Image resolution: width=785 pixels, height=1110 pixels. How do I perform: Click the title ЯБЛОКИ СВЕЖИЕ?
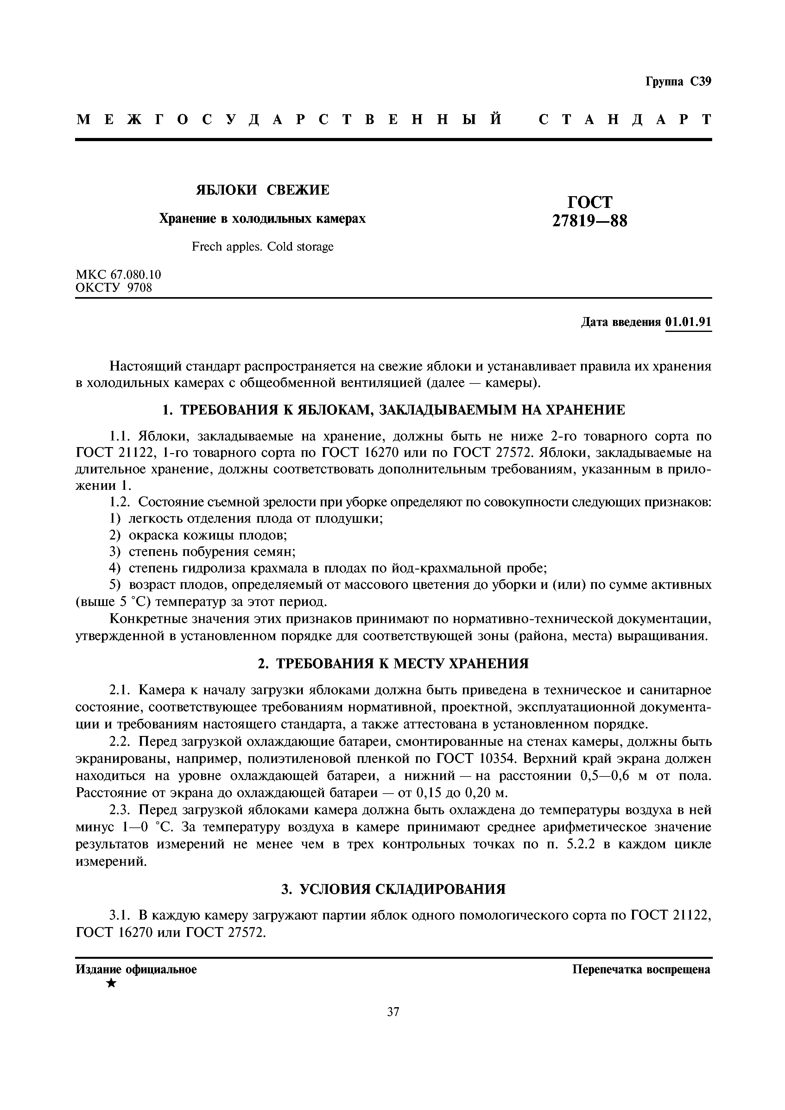click(262, 190)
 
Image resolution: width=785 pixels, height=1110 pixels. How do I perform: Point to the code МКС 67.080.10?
click(118, 275)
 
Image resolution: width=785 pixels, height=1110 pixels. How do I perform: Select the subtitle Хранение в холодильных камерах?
click(262, 219)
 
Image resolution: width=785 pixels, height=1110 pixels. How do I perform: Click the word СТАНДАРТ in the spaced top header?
click(625, 119)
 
